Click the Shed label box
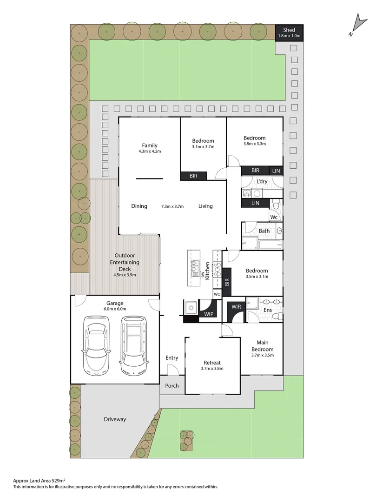(289, 33)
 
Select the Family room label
(150, 145)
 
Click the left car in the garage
(96, 346)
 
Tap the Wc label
(274, 217)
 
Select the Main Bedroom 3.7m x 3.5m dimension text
(263, 356)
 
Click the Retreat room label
(212, 363)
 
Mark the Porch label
(172, 386)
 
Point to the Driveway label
(115, 419)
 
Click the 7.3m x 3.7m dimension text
(172, 206)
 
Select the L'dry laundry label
(262, 181)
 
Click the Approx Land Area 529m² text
(40, 481)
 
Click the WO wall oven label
(217, 295)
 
